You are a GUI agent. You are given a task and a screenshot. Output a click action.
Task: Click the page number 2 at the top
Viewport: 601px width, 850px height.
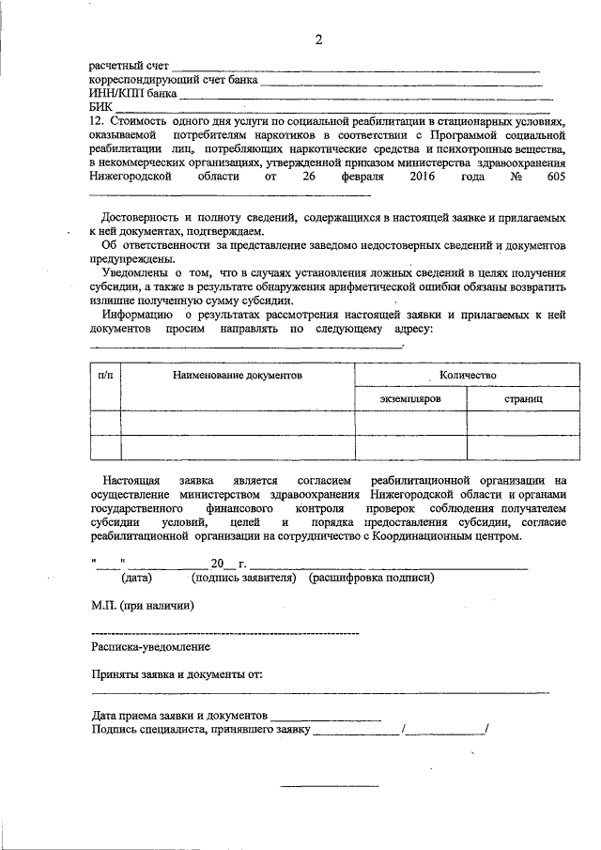click(x=318, y=39)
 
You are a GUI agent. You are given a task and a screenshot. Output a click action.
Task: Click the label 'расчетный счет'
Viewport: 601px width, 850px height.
click(x=129, y=67)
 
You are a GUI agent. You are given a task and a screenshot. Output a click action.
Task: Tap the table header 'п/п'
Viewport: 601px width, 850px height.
click(x=106, y=375)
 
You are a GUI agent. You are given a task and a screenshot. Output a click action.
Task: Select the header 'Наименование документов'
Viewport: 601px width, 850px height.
click(x=237, y=375)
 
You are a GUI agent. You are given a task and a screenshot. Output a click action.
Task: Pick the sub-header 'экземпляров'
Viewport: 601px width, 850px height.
click(x=410, y=399)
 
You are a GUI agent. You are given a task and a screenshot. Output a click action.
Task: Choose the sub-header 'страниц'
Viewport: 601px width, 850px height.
click(x=523, y=399)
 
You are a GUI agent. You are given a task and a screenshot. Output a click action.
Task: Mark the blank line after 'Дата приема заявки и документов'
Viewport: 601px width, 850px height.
click(x=327, y=717)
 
